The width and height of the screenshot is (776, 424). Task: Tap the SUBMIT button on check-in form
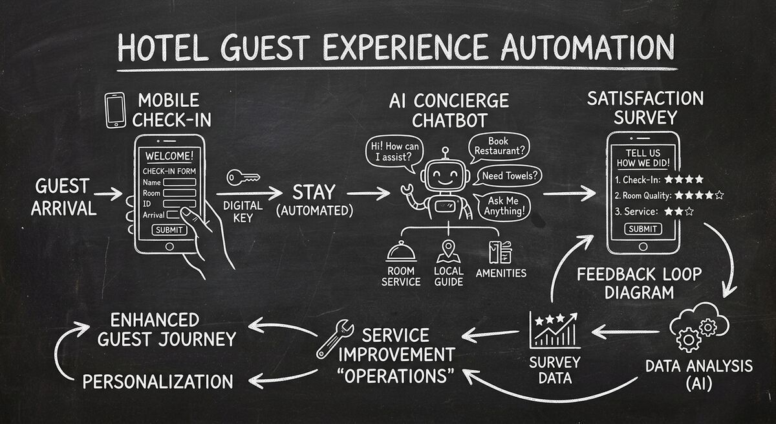click(169, 230)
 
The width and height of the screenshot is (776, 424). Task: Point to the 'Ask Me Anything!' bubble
click(506, 206)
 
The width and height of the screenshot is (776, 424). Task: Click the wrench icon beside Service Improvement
click(334, 340)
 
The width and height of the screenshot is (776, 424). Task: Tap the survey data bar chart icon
click(554, 330)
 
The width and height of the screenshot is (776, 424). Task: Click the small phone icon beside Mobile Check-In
click(116, 109)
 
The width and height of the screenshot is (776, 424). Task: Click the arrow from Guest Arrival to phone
click(107, 193)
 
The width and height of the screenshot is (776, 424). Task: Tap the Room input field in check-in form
click(179, 193)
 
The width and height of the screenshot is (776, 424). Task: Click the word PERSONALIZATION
click(158, 381)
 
